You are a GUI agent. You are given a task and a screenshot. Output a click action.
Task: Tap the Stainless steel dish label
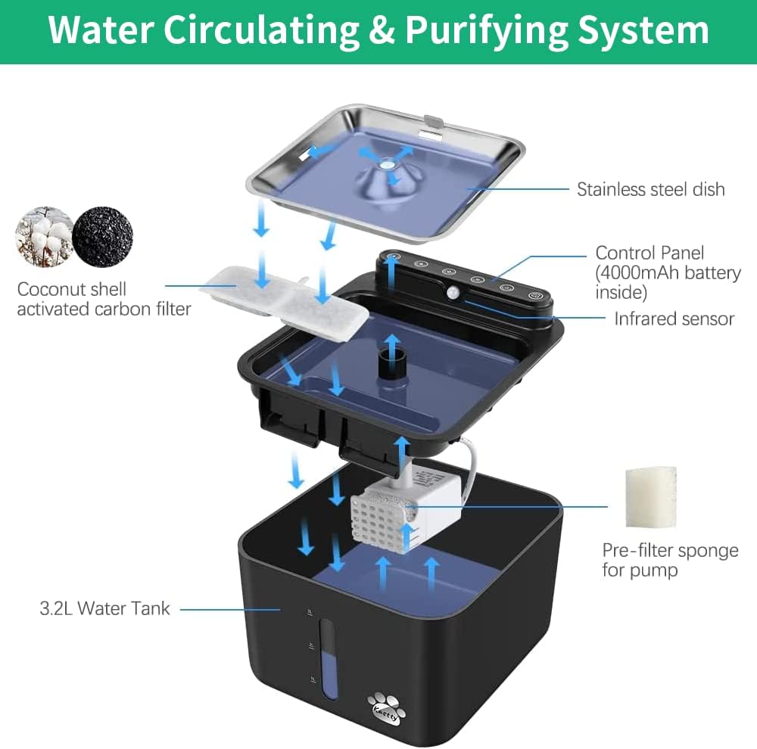point(650,189)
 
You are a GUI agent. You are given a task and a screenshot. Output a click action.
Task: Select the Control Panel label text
point(650,253)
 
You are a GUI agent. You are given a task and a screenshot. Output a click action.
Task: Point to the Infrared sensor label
point(674,319)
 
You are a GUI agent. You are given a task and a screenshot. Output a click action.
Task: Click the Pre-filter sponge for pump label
point(670,559)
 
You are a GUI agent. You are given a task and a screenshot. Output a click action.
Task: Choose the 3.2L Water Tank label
point(104,608)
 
